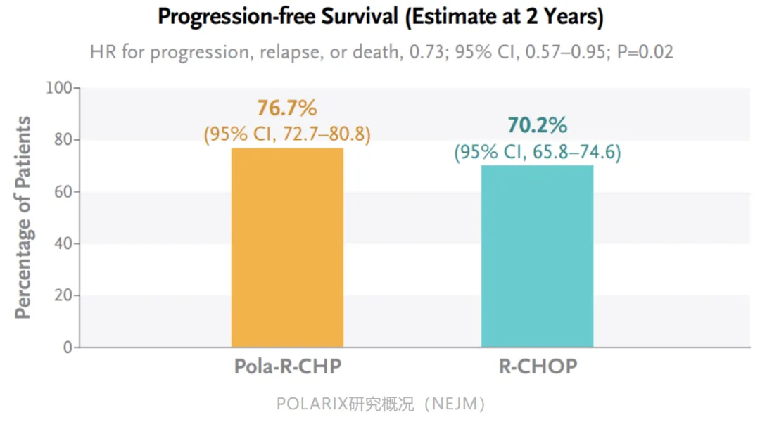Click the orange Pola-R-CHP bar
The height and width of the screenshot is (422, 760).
click(x=287, y=248)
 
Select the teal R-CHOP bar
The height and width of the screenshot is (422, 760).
click(x=537, y=256)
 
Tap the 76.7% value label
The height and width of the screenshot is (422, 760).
click(x=287, y=108)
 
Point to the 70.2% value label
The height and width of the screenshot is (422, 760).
click(x=537, y=126)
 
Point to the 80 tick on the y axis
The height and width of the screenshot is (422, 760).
click(x=63, y=140)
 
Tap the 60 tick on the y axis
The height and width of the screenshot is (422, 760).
click(x=63, y=192)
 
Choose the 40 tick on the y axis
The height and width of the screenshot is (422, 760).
click(x=63, y=244)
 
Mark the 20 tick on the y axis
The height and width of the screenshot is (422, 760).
click(x=63, y=295)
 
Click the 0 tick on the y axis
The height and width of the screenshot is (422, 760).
click(x=68, y=347)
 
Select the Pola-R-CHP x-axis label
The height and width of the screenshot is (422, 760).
click(x=287, y=367)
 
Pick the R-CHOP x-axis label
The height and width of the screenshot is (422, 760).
click(x=537, y=367)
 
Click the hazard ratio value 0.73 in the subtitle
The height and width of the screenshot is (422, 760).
click(x=414, y=52)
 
